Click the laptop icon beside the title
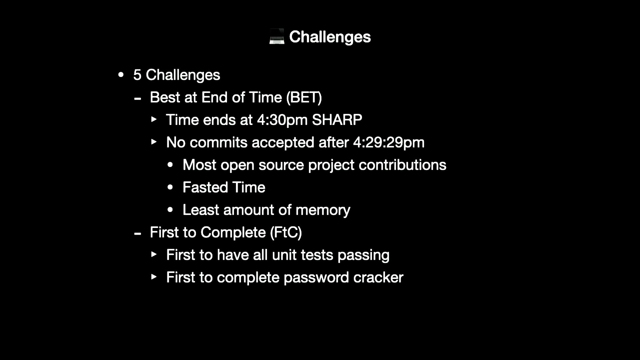pyautogui.click(x=277, y=37)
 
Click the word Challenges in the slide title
pyautogui.click(x=330, y=37)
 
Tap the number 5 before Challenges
pyautogui.click(x=137, y=75)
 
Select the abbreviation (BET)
pyautogui.click(x=304, y=97)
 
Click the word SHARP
pyautogui.click(x=337, y=120)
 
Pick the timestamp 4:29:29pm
pyautogui.click(x=389, y=143)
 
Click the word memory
pyautogui.click(x=323, y=210)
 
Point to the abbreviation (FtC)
pyautogui.click(x=286, y=232)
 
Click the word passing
pyautogui.click(x=363, y=255)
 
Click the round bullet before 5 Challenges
pyautogui.click(x=121, y=75)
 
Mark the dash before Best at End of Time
pyautogui.click(x=137, y=99)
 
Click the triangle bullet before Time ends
pyautogui.click(x=154, y=119)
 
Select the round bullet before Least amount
pyautogui.click(x=170, y=210)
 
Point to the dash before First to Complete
pyautogui.click(x=137, y=234)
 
